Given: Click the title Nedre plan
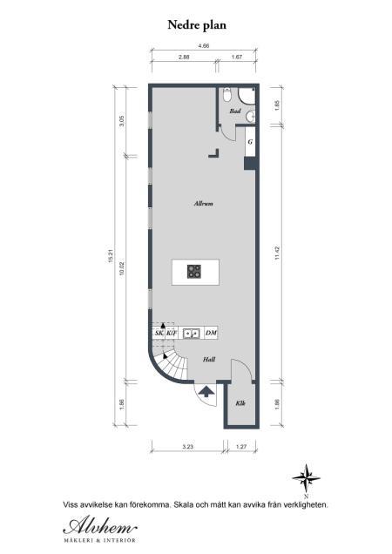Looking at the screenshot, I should click(196, 26).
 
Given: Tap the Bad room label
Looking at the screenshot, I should click(234, 111).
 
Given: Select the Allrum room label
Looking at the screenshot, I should click(204, 203).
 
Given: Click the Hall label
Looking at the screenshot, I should click(209, 358).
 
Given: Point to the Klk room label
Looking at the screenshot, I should click(241, 402).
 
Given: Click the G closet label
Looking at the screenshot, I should click(250, 141).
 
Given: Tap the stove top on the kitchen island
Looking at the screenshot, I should click(195, 272).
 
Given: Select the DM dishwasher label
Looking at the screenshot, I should click(211, 333).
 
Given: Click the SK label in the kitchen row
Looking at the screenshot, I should click(159, 333).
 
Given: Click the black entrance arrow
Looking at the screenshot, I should click(206, 391).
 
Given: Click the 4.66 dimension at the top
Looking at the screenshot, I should click(203, 45).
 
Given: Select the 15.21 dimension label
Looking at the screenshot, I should click(112, 253).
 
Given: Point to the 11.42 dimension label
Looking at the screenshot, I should click(276, 253).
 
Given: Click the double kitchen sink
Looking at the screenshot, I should click(191, 333).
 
